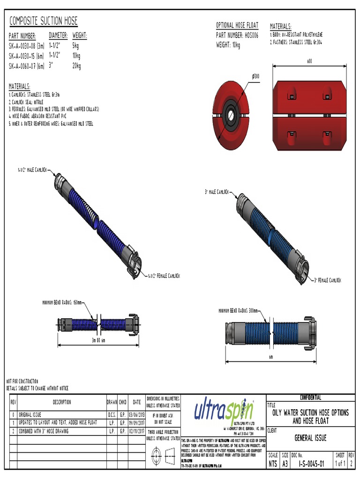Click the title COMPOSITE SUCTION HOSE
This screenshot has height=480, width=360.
point(43,21)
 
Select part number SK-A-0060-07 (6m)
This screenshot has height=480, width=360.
point(27,67)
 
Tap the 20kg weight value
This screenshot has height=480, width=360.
point(76,67)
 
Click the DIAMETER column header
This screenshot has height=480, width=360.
point(59,36)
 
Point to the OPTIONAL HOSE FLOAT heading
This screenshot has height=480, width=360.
point(237,25)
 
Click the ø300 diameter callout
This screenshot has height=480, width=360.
point(256,76)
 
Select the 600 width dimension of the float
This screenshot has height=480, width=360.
point(309,61)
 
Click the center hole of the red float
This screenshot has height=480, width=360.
point(231,112)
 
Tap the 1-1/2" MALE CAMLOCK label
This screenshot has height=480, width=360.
point(31,170)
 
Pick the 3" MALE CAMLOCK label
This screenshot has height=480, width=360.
point(217,192)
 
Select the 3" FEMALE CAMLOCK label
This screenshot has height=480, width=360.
point(328,280)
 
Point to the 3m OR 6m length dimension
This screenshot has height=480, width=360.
point(98,340)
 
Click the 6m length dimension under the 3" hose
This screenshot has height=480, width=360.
point(271,357)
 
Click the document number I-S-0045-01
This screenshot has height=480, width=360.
point(308,464)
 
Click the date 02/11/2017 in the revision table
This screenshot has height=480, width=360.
point(136,430)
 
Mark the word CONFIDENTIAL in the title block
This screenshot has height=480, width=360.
point(310,397)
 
